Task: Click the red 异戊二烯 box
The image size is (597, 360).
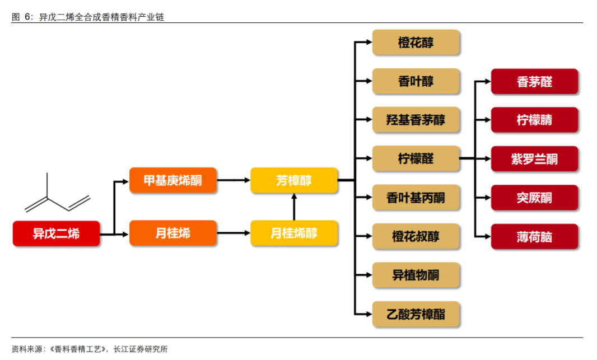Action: [56, 233]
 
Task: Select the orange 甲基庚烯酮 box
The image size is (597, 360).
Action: [172, 180]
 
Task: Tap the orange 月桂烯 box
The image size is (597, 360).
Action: [172, 233]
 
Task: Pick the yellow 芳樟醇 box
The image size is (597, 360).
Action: [294, 180]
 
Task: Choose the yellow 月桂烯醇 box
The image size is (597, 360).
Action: [294, 233]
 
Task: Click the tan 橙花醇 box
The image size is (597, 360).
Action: [416, 43]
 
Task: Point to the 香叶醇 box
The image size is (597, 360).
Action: [416, 81]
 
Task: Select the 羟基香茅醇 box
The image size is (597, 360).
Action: [416, 120]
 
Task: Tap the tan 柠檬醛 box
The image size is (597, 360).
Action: [416, 159]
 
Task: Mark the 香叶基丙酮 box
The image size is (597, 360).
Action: [416, 198]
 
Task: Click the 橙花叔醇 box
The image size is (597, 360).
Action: [416, 236]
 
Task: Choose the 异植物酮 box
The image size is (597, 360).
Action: [416, 275]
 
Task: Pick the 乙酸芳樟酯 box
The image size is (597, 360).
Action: [416, 314]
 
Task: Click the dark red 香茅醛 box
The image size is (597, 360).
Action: [534, 82]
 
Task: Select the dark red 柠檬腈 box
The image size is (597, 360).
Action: [534, 120]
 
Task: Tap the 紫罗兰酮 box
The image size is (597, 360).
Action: [534, 159]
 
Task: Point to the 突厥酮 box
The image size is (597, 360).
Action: [534, 198]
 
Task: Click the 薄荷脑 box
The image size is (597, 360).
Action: [534, 236]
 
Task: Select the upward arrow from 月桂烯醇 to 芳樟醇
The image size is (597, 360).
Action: [294, 207]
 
